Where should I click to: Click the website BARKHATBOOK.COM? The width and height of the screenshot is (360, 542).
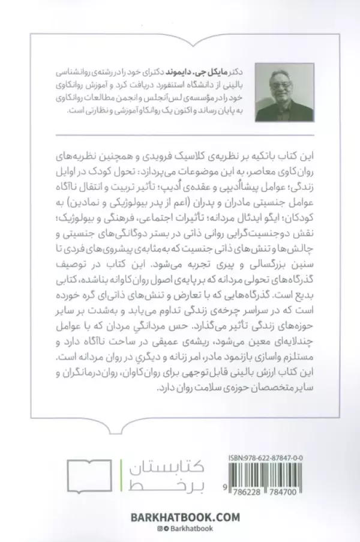180,517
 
